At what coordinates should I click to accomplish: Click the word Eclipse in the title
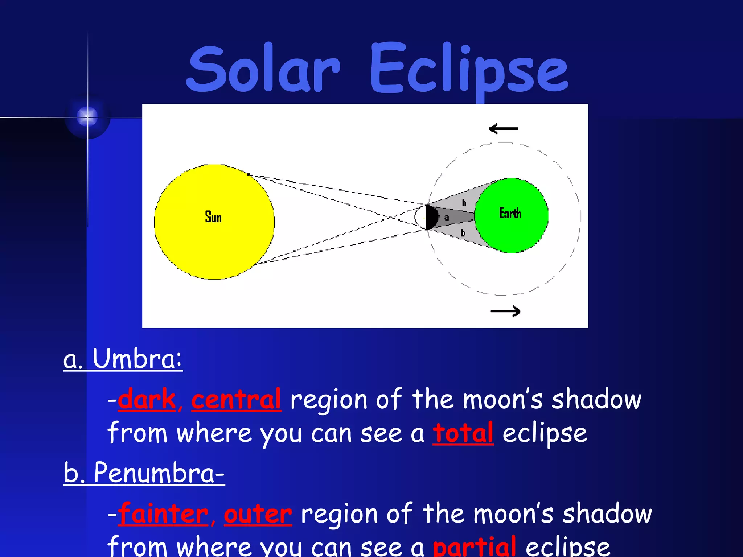[x=469, y=69]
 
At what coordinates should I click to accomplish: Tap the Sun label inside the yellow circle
[x=213, y=217]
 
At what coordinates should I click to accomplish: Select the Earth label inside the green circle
[x=510, y=213]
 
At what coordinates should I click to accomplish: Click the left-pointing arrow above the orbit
[x=504, y=129]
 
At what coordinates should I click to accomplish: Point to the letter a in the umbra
[x=447, y=218]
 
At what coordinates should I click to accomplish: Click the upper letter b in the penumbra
[x=464, y=203]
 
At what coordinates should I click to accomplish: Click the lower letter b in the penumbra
[x=463, y=233]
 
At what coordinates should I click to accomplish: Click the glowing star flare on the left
[x=87, y=117]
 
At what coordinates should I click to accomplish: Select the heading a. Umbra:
[x=123, y=359]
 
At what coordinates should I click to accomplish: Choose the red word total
[x=463, y=433]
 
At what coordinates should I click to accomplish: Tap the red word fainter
[x=163, y=514]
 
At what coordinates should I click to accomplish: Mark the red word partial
[x=474, y=547]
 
